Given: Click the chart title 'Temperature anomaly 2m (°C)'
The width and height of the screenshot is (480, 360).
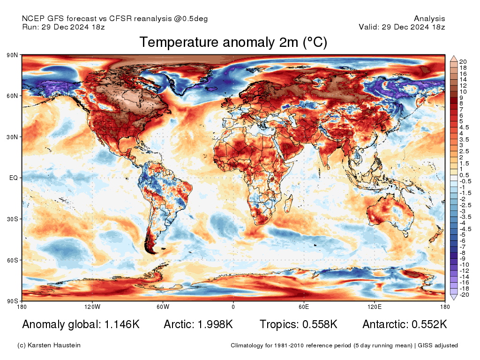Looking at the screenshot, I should [233, 43].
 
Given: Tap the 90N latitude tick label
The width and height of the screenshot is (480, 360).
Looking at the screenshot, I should [12, 55].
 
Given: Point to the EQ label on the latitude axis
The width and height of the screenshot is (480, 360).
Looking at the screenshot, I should [13, 178].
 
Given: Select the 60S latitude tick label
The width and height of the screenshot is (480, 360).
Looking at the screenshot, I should [12, 260].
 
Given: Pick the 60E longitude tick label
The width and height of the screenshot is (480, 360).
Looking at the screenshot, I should [304, 307].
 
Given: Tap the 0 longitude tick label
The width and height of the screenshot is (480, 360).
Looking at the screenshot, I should [233, 307].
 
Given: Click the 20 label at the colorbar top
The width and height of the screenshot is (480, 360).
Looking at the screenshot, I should [463, 61].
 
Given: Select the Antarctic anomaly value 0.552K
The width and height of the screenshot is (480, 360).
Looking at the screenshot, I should [429, 324].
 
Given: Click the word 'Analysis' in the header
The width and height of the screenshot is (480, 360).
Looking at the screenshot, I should [429, 19].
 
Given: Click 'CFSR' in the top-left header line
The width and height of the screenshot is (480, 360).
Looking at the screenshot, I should [121, 19].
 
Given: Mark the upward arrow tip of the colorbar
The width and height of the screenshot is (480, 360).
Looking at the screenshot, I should [454, 56].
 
